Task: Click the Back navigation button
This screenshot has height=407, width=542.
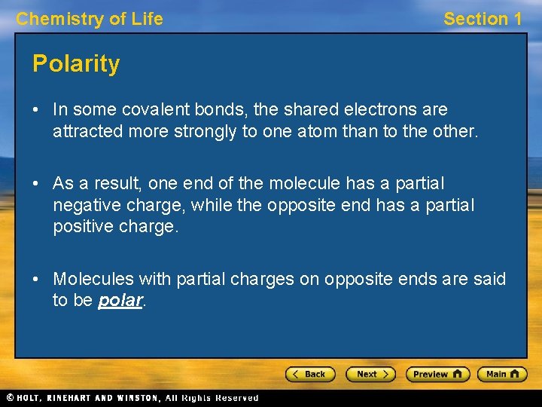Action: [309, 374]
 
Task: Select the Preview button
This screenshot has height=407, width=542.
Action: [437, 374]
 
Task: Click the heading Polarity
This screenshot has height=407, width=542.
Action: [76, 64]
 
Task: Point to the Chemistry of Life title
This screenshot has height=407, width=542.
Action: [90, 19]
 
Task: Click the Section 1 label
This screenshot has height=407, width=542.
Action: [482, 19]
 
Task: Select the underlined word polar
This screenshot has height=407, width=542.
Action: [120, 300]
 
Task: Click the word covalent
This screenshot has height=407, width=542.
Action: [163, 110]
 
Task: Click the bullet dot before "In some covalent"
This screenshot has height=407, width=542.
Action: [37, 110]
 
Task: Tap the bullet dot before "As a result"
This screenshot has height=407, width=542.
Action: [37, 184]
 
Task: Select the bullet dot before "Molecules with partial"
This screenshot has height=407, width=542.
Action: [37, 280]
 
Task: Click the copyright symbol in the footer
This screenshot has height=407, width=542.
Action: [9, 398]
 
